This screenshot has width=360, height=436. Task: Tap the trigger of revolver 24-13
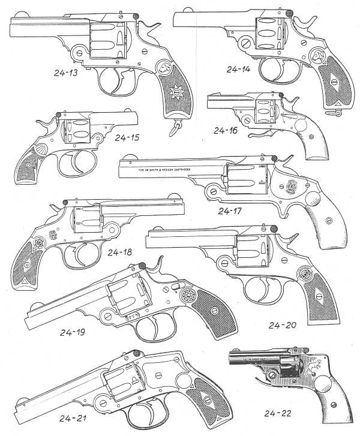123,79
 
